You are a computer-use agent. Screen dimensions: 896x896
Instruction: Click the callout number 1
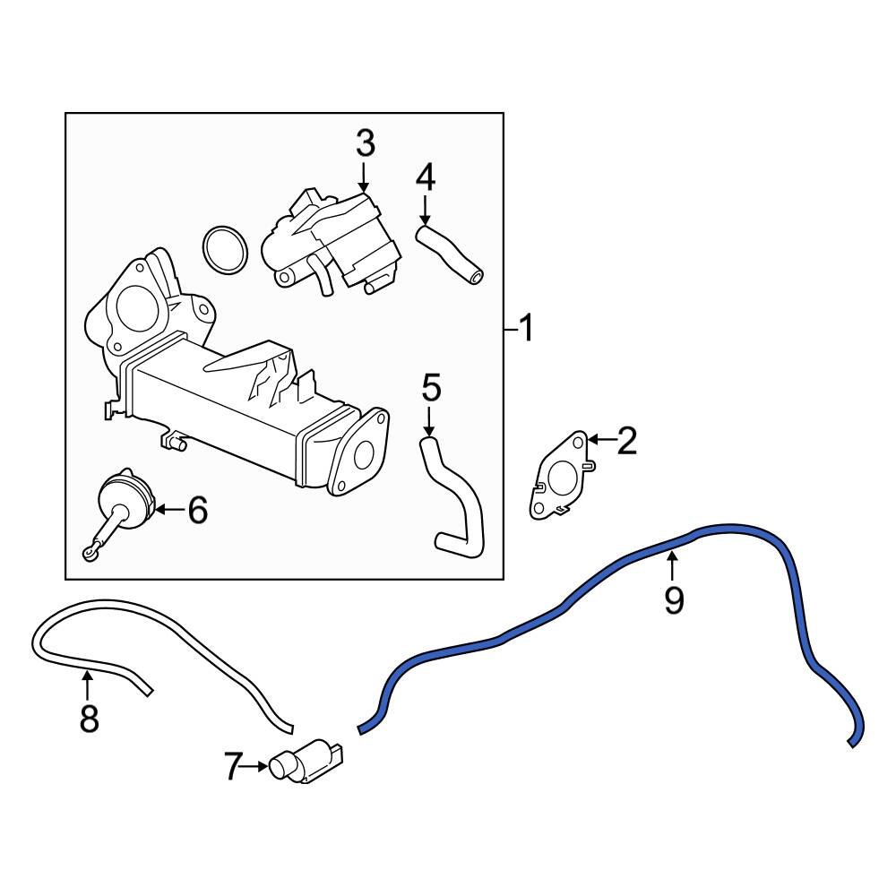[526, 330]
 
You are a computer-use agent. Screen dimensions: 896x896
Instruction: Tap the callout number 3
[365, 143]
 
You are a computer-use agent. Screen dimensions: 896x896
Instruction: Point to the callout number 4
[425, 177]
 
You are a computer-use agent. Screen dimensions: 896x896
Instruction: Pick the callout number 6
[196, 511]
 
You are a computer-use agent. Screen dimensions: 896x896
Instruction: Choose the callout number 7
[233, 766]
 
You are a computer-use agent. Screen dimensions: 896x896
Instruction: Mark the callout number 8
[88, 718]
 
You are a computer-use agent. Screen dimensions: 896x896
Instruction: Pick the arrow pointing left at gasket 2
[600, 440]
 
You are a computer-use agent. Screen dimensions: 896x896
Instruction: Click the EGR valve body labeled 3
[332, 237]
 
